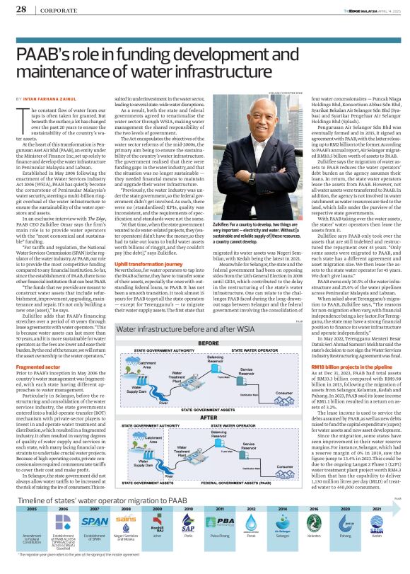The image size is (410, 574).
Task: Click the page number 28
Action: (x=21, y=10)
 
